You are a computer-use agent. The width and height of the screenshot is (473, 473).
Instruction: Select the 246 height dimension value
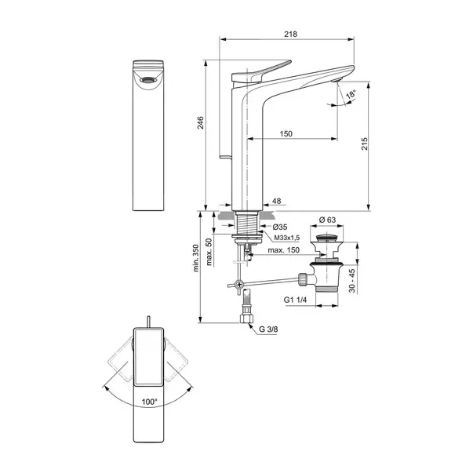tap(200, 123)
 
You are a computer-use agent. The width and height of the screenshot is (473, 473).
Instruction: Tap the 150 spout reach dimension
tap(286, 134)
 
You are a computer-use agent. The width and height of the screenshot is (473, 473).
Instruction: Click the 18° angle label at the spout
tap(351, 93)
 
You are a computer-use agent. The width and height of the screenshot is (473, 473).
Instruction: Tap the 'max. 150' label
tap(285, 250)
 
